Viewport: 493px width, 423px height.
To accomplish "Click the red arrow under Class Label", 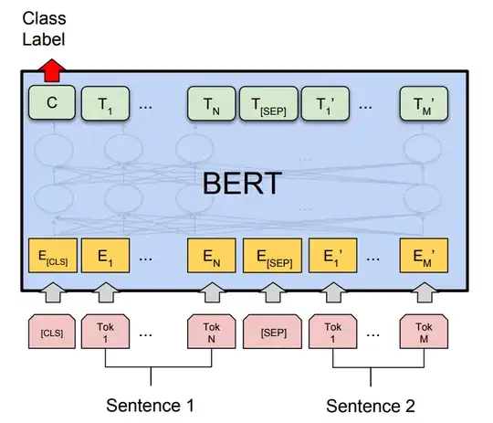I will coord(52,69).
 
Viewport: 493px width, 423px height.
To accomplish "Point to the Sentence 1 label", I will coord(151,405).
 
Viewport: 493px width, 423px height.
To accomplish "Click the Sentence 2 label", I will coord(372,405).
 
